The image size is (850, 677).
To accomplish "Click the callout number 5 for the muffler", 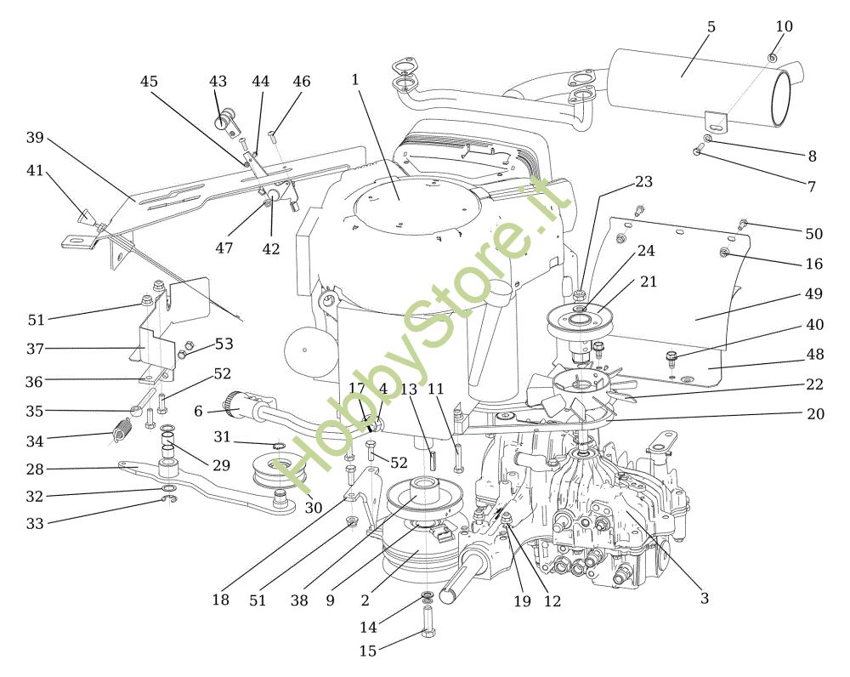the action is coord(711,26).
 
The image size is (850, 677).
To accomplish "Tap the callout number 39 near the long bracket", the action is coord(35,138).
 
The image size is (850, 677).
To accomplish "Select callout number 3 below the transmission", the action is coord(704,599).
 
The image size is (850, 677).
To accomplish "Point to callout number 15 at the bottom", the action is coord(367,651).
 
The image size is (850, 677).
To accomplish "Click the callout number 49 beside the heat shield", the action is coord(813,293).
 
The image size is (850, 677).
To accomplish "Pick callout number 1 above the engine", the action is coord(355,80).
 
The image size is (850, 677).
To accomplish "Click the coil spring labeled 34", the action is coord(122,432).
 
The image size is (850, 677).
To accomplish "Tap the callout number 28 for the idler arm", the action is coord(35,469).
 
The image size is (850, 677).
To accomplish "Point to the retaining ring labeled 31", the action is coord(278,447).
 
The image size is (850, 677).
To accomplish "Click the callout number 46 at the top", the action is coord(302,82).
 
